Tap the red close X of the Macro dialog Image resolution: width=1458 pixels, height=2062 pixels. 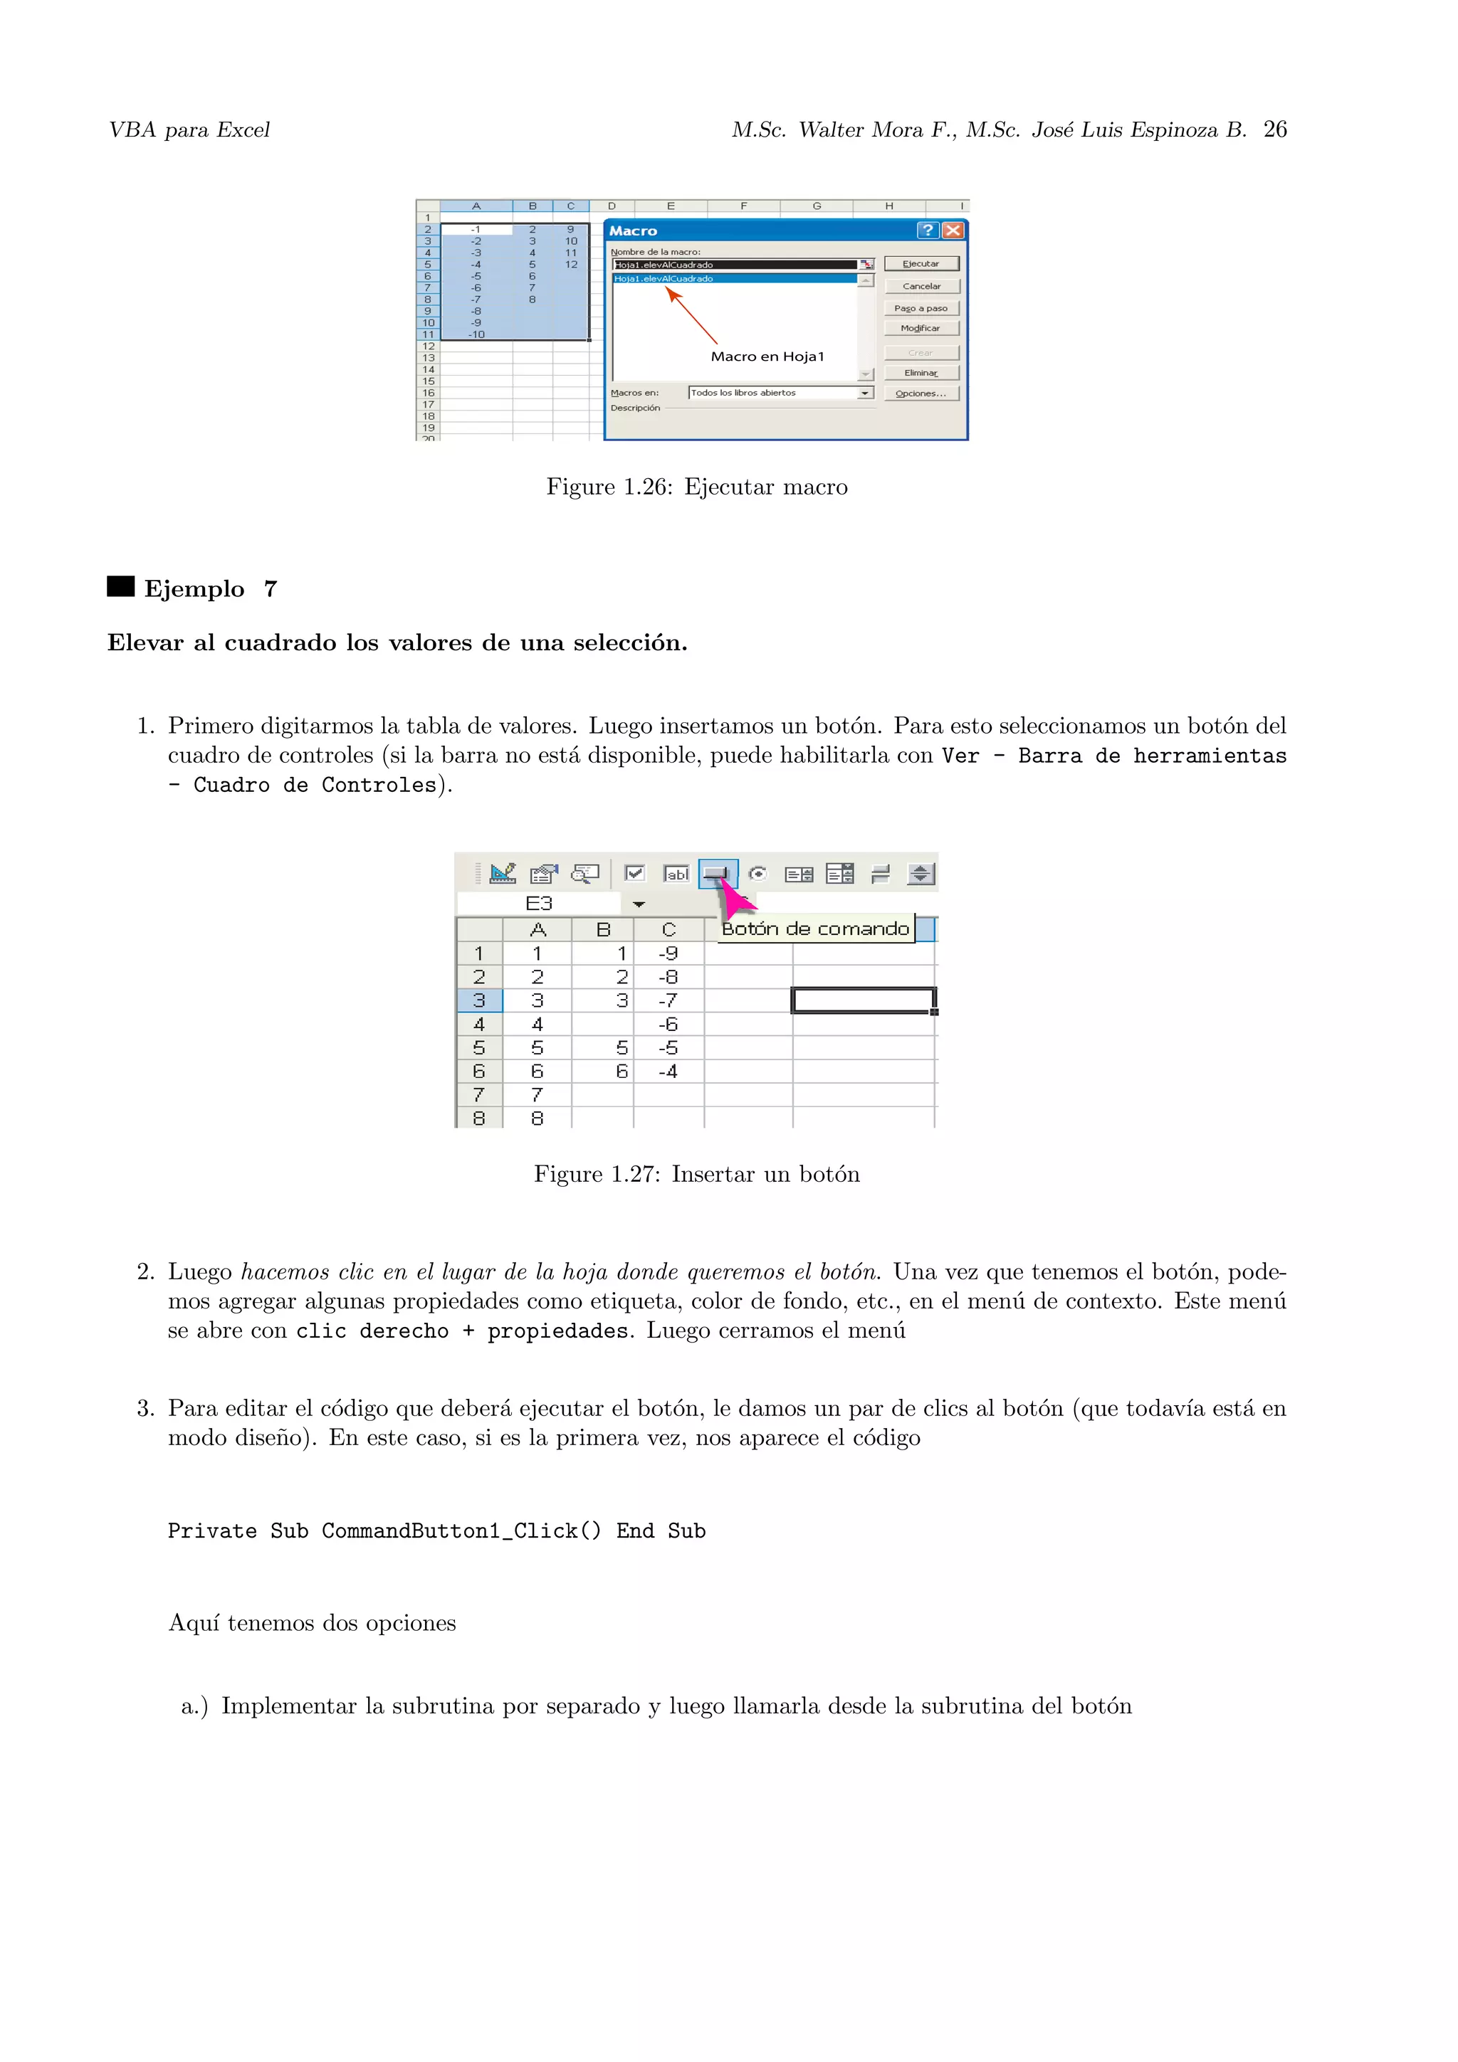[953, 231]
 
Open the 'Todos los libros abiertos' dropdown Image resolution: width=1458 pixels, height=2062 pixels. [864, 393]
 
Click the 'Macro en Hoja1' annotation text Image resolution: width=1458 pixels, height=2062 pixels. [767, 356]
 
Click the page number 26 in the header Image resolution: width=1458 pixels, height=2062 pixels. [1275, 129]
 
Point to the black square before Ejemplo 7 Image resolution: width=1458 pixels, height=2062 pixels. [120, 586]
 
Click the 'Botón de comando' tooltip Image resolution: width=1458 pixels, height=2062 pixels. [816, 929]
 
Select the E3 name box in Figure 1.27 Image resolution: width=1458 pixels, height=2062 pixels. [539, 904]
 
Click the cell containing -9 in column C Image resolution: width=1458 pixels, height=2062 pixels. [668, 953]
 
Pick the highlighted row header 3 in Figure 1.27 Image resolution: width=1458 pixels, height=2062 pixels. [479, 1000]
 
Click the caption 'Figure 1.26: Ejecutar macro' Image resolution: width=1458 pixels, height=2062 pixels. [696, 487]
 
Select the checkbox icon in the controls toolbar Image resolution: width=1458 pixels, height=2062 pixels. [634, 873]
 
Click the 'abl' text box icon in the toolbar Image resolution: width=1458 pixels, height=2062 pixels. [676, 873]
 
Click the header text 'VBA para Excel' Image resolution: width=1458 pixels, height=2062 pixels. [189, 130]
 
